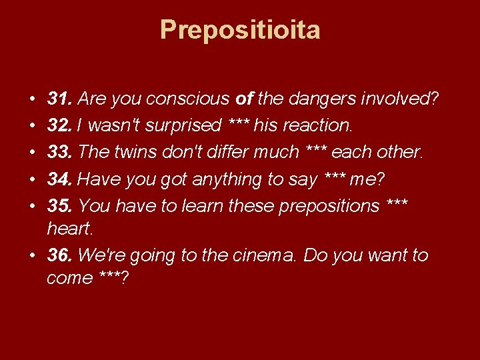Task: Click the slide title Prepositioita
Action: coord(240,30)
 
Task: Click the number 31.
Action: coord(59,99)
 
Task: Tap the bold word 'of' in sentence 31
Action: coord(243,99)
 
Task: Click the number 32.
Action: coord(59,126)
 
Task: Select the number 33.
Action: coord(59,153)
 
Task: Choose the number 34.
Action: coord(59,179)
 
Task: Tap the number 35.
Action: coord(59,206)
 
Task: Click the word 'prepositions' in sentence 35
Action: coord(329,206)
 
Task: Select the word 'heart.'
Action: coord(71,229)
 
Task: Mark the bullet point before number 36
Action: coord(33,256)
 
